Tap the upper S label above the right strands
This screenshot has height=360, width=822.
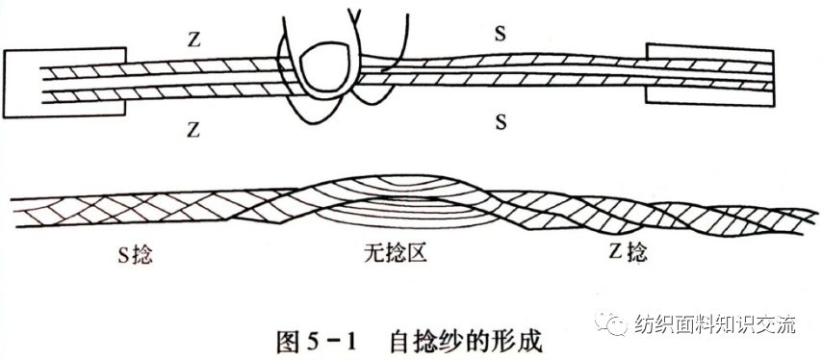(501, 33)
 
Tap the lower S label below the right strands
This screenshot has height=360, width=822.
(501, 121)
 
